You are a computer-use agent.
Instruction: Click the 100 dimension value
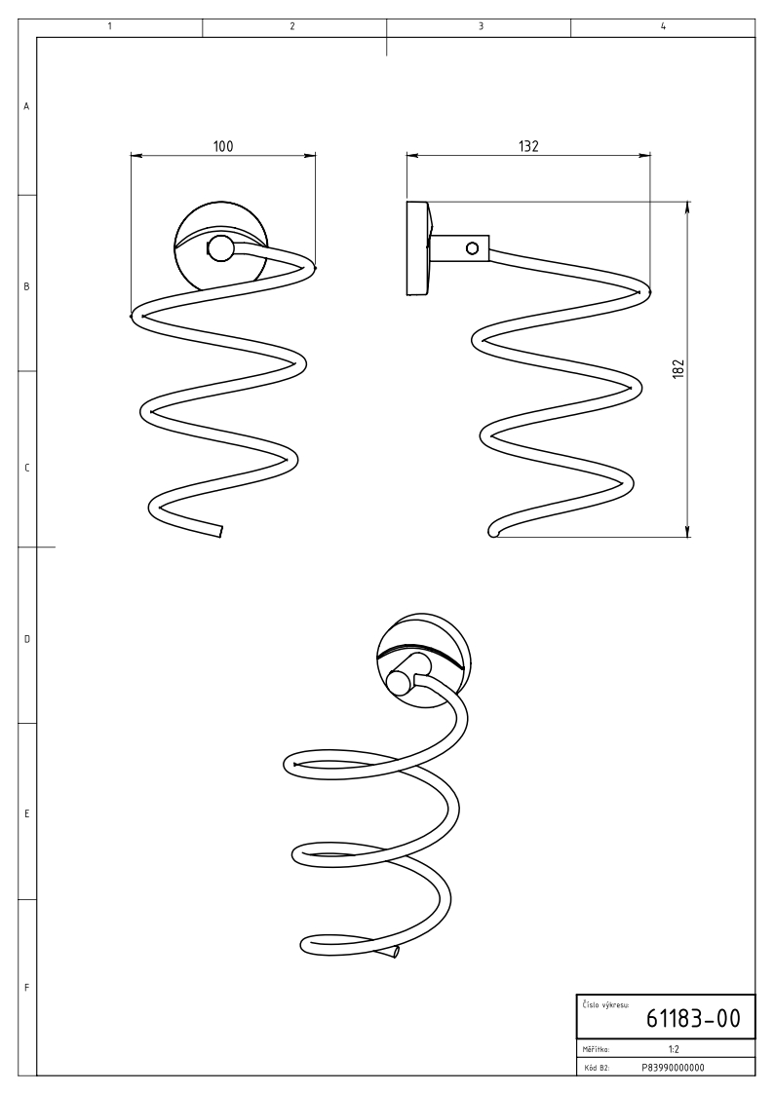223,145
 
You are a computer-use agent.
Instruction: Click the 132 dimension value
528,145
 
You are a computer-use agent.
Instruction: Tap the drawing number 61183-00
693,1019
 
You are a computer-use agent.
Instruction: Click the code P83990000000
673,1067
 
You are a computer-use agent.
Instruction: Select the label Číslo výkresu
605,1002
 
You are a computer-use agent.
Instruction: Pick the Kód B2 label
595,1067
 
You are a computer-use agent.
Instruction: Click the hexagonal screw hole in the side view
473,248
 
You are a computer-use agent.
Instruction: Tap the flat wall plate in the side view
416,247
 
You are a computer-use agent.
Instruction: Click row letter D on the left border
26,639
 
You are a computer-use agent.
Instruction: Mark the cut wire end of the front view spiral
220,531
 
